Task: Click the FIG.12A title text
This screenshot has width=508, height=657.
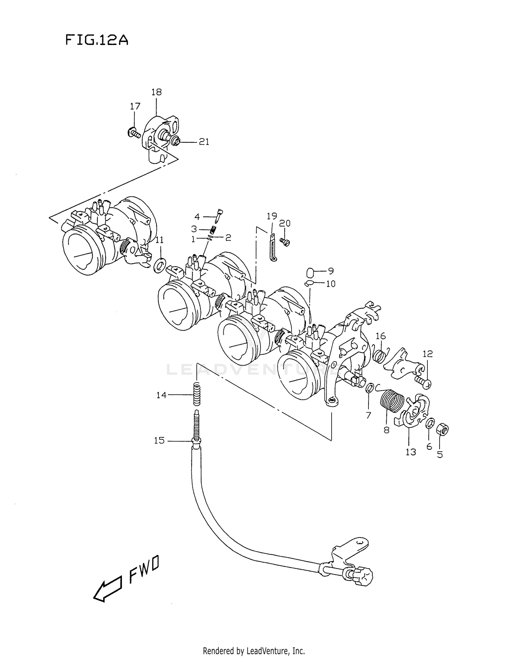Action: pos(97,40)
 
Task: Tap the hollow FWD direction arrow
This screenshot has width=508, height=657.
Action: pos(107,589)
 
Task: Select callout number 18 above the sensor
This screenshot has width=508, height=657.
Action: pos(156,92)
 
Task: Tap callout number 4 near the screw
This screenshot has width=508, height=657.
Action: pos(197,217)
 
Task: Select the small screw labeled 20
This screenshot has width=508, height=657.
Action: pos(285,241)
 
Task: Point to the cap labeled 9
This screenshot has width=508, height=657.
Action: pos(311,272)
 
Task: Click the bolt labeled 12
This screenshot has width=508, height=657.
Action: pos(423,382)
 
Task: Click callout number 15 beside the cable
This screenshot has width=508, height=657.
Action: pos(159,441)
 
